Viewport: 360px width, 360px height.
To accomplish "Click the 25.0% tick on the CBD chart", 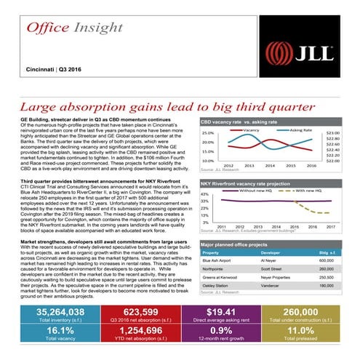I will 207,134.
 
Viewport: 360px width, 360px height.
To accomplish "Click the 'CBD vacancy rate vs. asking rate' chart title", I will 239,124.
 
